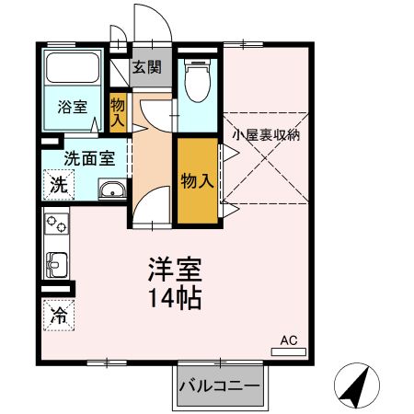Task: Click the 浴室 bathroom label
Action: tap(75, 106)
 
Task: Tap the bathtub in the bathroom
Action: tap(75, 70)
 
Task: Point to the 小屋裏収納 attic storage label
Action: tap(266, 134)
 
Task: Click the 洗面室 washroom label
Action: tap(89, 156)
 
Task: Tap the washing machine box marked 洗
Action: tap(58, 183)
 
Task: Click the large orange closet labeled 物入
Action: tap(198, 180)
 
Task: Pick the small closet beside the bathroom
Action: tap(119, 113)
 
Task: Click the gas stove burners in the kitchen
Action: tap(55, 224)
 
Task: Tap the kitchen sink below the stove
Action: tap(54, 263)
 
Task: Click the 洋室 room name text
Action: tap(174, 270)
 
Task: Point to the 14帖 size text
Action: tap(174, 298)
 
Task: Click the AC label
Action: tap(288, 341)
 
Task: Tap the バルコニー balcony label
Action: tap(220, 384)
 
